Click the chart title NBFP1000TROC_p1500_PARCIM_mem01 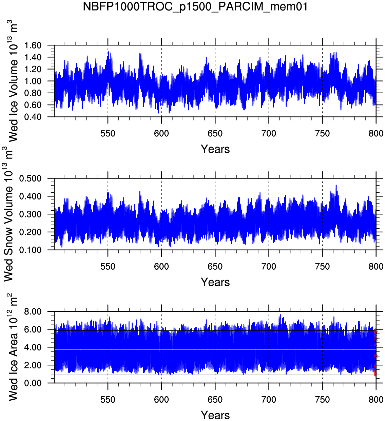click(195, 6)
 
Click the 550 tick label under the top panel click(108, 134)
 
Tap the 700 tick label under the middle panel click(269, 267)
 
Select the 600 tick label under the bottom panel click(161, 400)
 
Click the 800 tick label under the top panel click(376, 134)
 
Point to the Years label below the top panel click(215, 149)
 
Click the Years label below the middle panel click(215, 282)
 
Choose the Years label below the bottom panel click(215, 415)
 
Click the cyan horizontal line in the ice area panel click(204, 349)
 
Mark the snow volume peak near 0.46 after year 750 click(336, 185)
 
